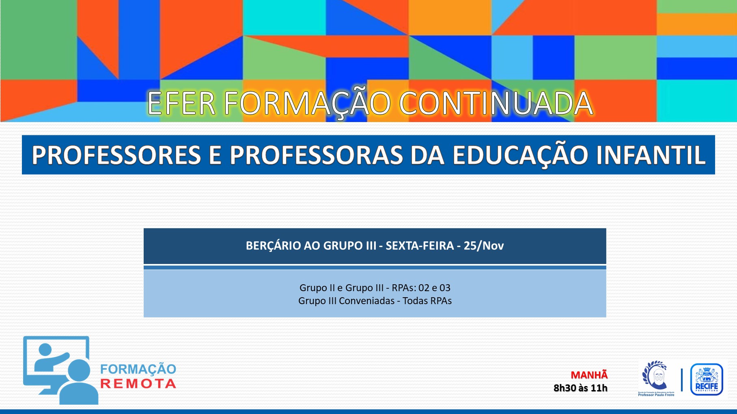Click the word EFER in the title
pos(181,103)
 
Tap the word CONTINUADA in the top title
pos(496,103)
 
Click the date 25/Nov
pos(484,246)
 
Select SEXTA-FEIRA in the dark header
pos(420,246)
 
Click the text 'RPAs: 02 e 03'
pos(421,288)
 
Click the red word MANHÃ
pos(589,375)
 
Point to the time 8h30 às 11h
pos(580,388)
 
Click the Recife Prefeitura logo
pos(707,380)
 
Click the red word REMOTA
pos(138,384)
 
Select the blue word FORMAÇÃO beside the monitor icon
pos(138,369)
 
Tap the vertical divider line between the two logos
pos(682,380)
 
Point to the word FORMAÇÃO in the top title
pos(307,104)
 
